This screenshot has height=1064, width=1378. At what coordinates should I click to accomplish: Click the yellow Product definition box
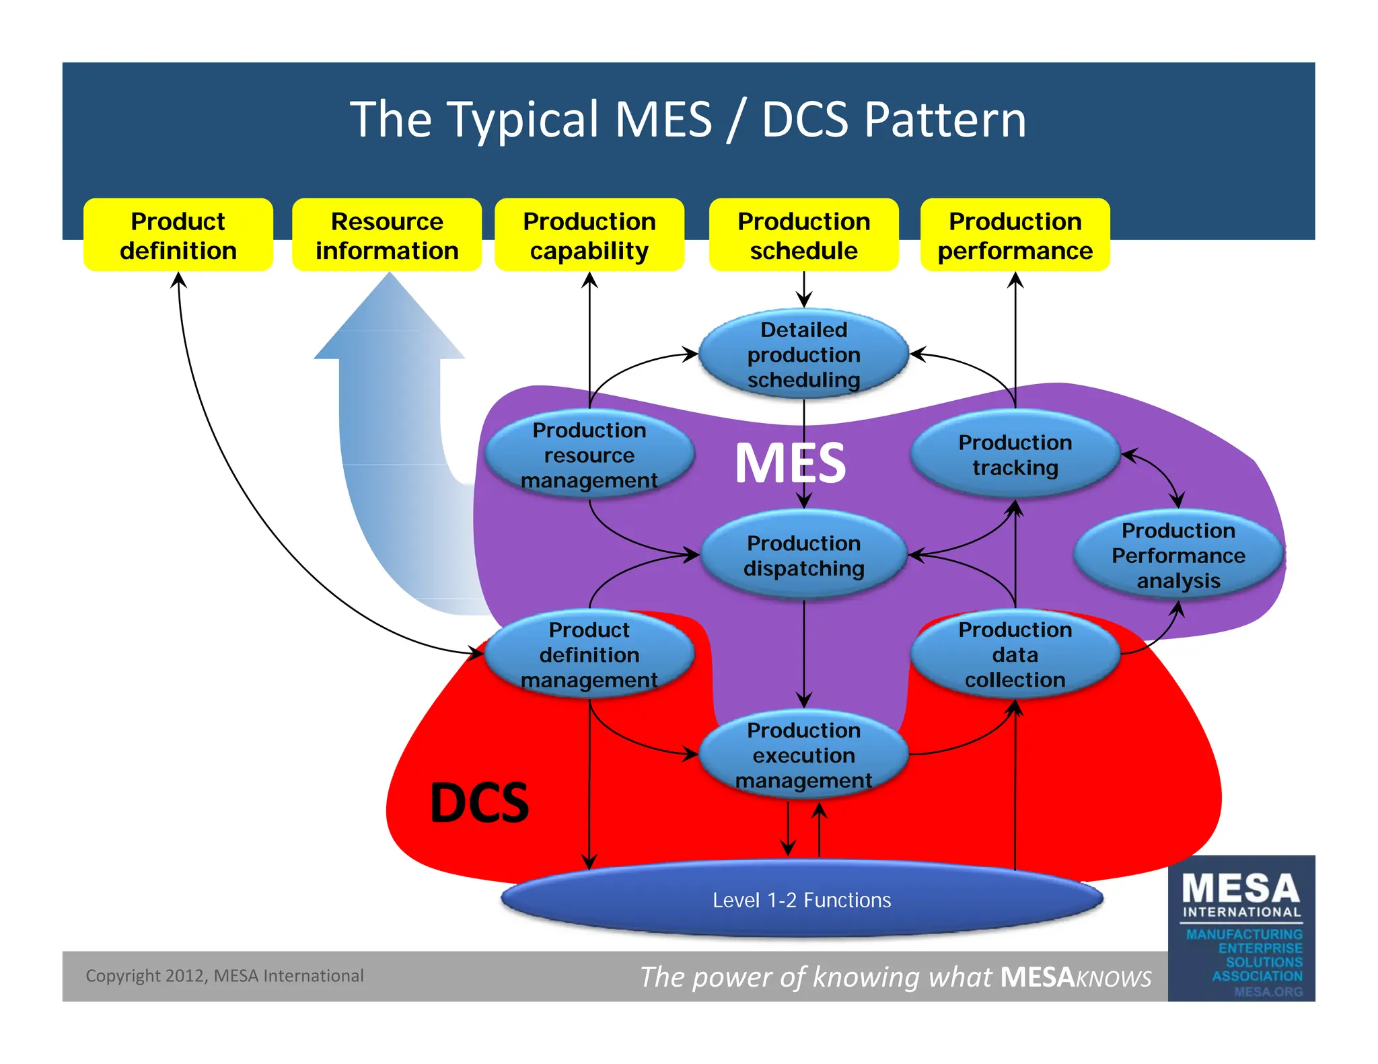coord(178,235)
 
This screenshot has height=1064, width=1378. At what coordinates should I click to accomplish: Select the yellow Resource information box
coord(387,235)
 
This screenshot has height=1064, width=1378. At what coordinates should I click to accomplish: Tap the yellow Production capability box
coord(589,235)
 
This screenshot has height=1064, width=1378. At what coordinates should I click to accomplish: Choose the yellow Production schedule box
coord(803,235)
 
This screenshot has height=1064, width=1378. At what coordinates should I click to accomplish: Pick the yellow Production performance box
coord(1015,235)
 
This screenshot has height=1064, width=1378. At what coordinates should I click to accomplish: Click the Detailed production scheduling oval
coord(803,354)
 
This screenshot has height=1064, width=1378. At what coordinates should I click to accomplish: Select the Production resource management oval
coord(589,455)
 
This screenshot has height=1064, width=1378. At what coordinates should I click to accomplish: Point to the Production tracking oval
coord(1015,455)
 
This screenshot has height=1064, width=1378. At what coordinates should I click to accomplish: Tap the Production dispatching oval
coord(803,555)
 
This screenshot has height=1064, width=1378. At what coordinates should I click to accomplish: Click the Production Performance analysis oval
coord(1177,555)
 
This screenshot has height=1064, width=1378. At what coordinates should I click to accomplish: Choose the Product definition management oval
coord(589,654)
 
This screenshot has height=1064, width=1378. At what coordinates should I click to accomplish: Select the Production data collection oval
coord(1015,654)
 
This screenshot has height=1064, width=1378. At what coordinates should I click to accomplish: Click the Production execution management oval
coord(803,755)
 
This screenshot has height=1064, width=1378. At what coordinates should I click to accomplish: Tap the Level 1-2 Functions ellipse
coord(802,899)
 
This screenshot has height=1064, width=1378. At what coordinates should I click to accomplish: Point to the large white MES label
coord(790,463)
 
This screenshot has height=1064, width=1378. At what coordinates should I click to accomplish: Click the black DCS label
coord(479,802)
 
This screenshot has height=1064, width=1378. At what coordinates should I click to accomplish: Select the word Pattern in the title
coord(945,120)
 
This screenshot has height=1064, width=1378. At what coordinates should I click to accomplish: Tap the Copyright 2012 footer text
coord(224,975)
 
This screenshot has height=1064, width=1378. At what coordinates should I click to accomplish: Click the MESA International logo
coord(1241,928)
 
